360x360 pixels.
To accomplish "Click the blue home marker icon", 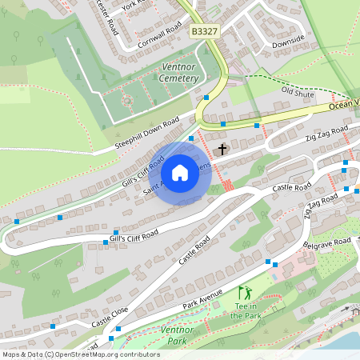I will tap(180, 173).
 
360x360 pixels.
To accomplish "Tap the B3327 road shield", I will tap(204, 30).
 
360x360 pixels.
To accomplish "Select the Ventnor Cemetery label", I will tap(179, 73).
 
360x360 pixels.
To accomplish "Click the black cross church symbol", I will tap(222, 149).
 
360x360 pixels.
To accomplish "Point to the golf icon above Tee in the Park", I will tap(244, 293).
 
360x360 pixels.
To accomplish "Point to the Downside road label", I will tap(288, 39).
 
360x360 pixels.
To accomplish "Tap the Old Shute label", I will tap(298, 93).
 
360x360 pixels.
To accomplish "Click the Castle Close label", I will tap(110, 318).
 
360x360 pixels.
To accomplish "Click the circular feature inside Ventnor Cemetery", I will tap(126, 101).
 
